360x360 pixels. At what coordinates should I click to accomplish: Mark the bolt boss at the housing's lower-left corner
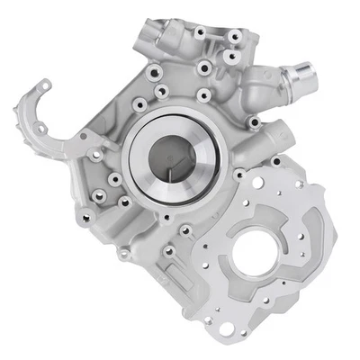[x=85, y=215]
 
